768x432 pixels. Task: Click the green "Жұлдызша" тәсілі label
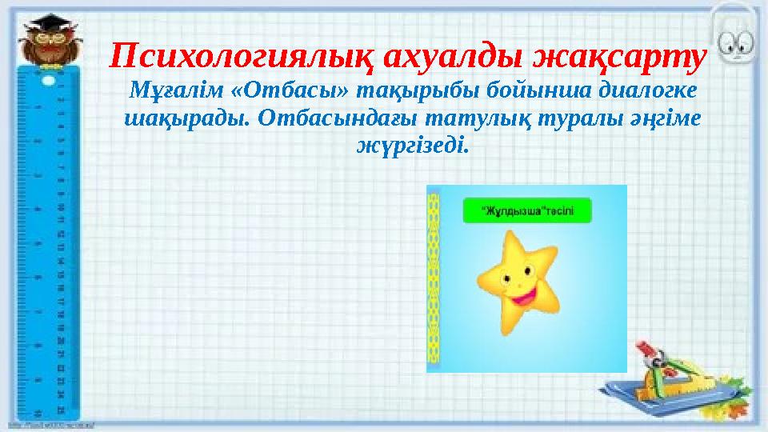pos(527,211)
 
